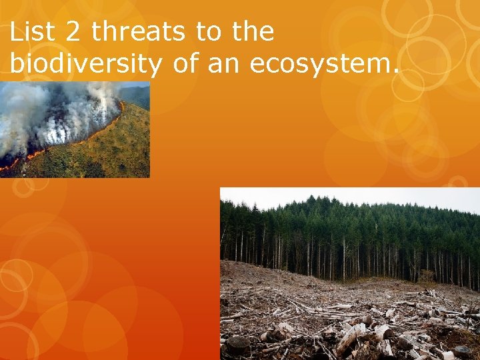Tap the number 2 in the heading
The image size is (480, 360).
(79, 31)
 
